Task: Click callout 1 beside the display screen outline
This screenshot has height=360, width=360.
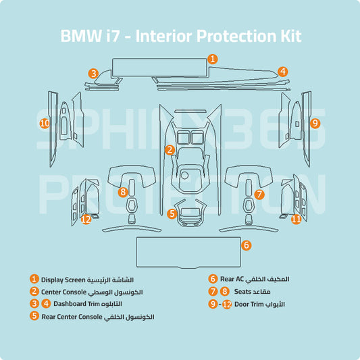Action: [212, 59]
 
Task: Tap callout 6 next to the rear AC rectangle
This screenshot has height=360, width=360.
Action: [247, 245]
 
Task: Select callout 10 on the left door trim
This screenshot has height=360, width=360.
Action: [45, 124]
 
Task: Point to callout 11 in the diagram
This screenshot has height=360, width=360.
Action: [296, 219]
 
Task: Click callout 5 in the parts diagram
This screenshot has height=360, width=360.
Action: [173, 213]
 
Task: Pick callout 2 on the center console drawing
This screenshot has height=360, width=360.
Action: [170, 150]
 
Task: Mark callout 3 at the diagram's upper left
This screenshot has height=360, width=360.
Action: [93, 73]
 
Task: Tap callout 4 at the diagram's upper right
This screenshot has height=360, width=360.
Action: [283, 71]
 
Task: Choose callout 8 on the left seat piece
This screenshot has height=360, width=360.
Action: [122, 192]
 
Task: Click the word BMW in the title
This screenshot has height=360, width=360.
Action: [80, 36]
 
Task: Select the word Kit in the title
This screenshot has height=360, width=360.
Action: [288, 36]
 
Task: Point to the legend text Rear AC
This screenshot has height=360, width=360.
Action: [231, 279]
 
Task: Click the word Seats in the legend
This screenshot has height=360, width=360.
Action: [243, 292]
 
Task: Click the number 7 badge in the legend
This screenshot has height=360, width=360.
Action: [213, 292]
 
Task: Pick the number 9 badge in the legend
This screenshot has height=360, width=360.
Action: [213, 305]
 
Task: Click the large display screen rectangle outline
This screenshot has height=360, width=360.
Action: [158, 67]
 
